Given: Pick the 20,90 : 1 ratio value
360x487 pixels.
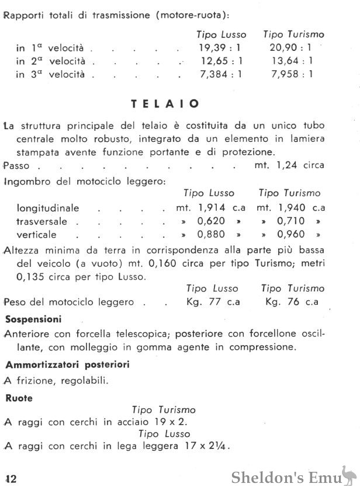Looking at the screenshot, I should click(x=291, y=48).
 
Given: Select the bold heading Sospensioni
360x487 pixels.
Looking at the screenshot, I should click(x=33, y=319).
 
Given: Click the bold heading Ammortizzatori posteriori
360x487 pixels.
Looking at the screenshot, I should click(x=67, y=364).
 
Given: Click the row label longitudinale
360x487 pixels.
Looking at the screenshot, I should click(x=48, y=208).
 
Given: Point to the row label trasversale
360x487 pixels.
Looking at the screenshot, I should click(x=42, y=222).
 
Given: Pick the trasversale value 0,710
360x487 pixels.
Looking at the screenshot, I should click(x=290, y=222).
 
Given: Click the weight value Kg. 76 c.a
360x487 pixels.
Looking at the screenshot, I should click(x=291, y=302).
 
